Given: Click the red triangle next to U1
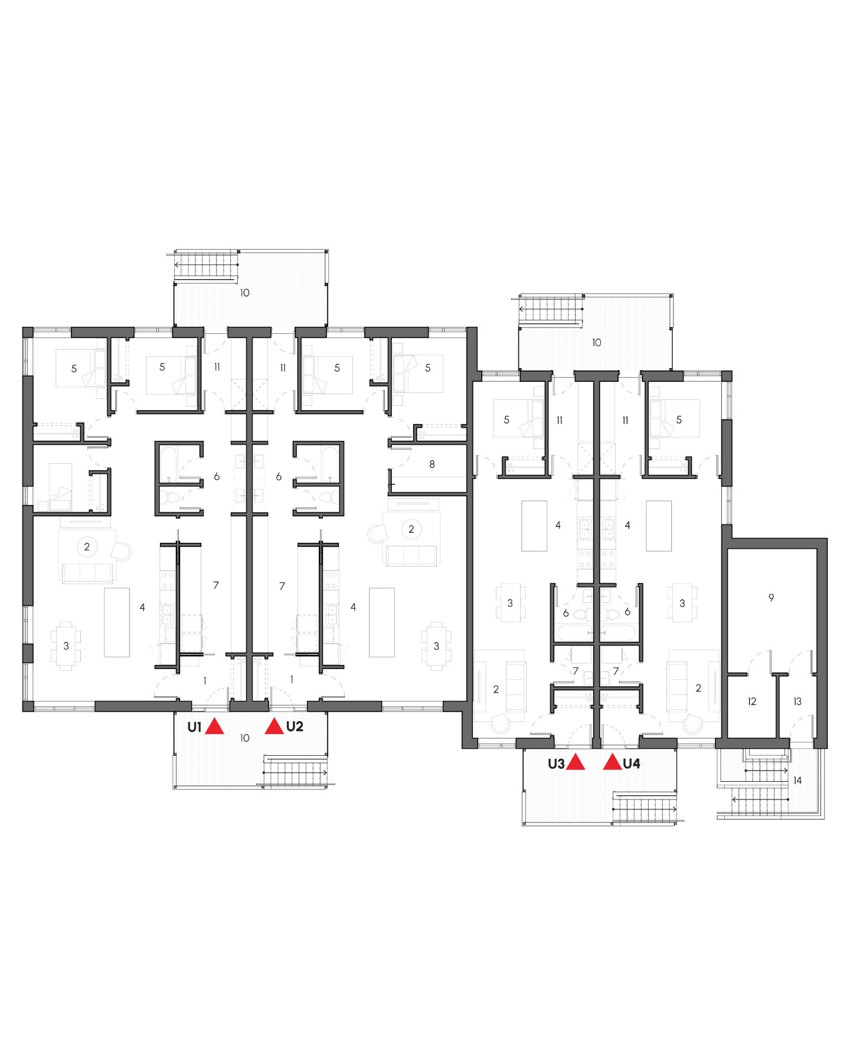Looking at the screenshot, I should click(x=214, y=727).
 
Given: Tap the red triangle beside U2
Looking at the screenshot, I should click(x=274, y=727).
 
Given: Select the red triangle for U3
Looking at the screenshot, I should click(x=575, y=763).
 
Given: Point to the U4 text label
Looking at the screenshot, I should click(x=632, y=763).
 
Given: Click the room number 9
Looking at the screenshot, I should click(x=771, y=598).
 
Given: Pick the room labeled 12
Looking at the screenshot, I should click(x=751, y=702).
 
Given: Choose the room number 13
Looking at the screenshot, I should click(x=797, y=702).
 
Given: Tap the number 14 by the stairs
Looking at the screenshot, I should click(x=797, y=781).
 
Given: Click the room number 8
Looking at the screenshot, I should click(x=432, y=464).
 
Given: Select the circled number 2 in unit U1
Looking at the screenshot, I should click(x=87, y=546).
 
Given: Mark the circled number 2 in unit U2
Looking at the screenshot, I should click(x=411, y=529).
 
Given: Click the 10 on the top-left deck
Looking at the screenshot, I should click(x=244, y=293).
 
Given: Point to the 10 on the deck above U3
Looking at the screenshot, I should click(x=596, y=342).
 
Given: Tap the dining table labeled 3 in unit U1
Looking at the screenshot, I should click(x=66, y=646).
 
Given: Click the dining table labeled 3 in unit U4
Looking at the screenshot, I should click(x=682, y=603).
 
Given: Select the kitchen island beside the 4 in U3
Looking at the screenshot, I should click(x=534, y=525).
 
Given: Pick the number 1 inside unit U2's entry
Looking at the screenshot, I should click(x=292, y=680).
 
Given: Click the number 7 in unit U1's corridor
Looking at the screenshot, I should click(x=216, y=585).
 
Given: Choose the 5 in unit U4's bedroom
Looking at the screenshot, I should click(x=679, y=419).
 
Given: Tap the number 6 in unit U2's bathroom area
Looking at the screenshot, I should click(x=279, y=476).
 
